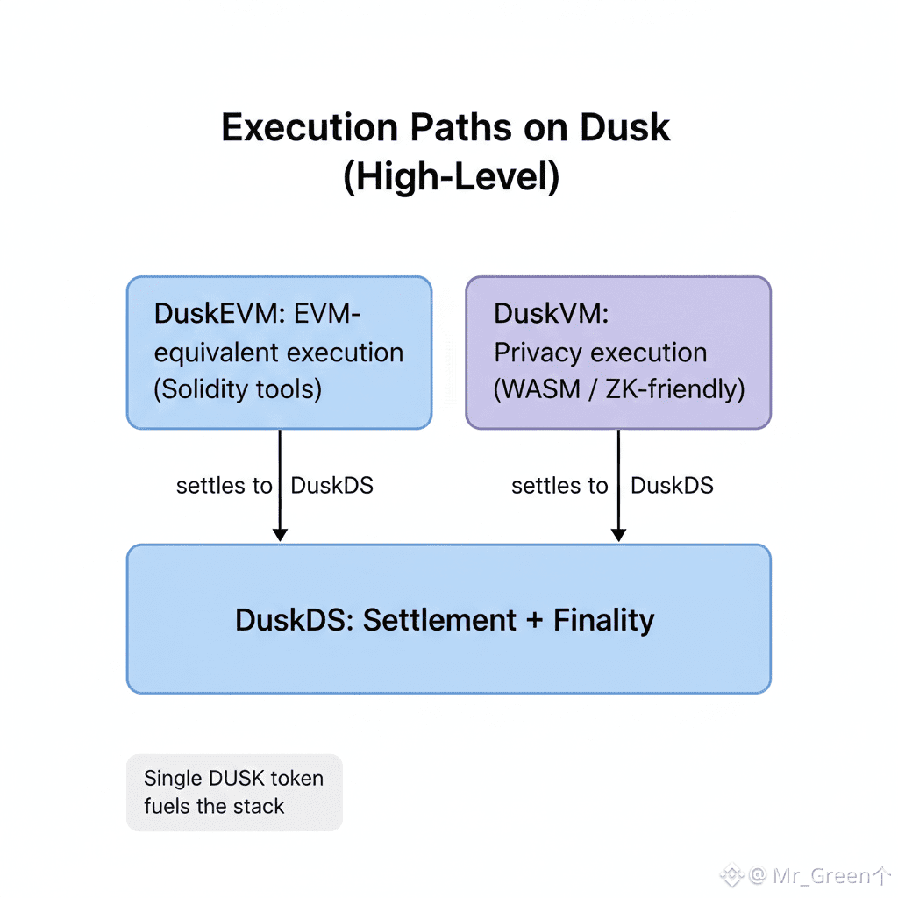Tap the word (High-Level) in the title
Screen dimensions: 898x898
tap(451, 177)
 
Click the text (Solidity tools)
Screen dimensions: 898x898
tap(238, 388)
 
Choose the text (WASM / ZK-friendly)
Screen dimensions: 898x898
tap(619, 388)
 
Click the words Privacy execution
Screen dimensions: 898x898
tap(601, 352)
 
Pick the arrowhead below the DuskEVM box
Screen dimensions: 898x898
tap(280, 532)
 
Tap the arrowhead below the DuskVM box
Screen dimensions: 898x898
tap(618, 532)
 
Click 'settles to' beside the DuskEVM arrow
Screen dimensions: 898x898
tap(224, 486)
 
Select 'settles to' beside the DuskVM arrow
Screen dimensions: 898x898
tap(559, 486)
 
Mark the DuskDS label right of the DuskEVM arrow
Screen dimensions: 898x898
tap(332, 486)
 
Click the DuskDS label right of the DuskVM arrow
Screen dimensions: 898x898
tap(673, 486)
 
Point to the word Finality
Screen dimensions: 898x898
tap(604, 620)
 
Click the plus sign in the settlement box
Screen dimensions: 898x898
tap(535, 620)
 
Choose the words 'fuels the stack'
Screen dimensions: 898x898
tap(214, 806)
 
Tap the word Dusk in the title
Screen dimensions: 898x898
tap(625, 128)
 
